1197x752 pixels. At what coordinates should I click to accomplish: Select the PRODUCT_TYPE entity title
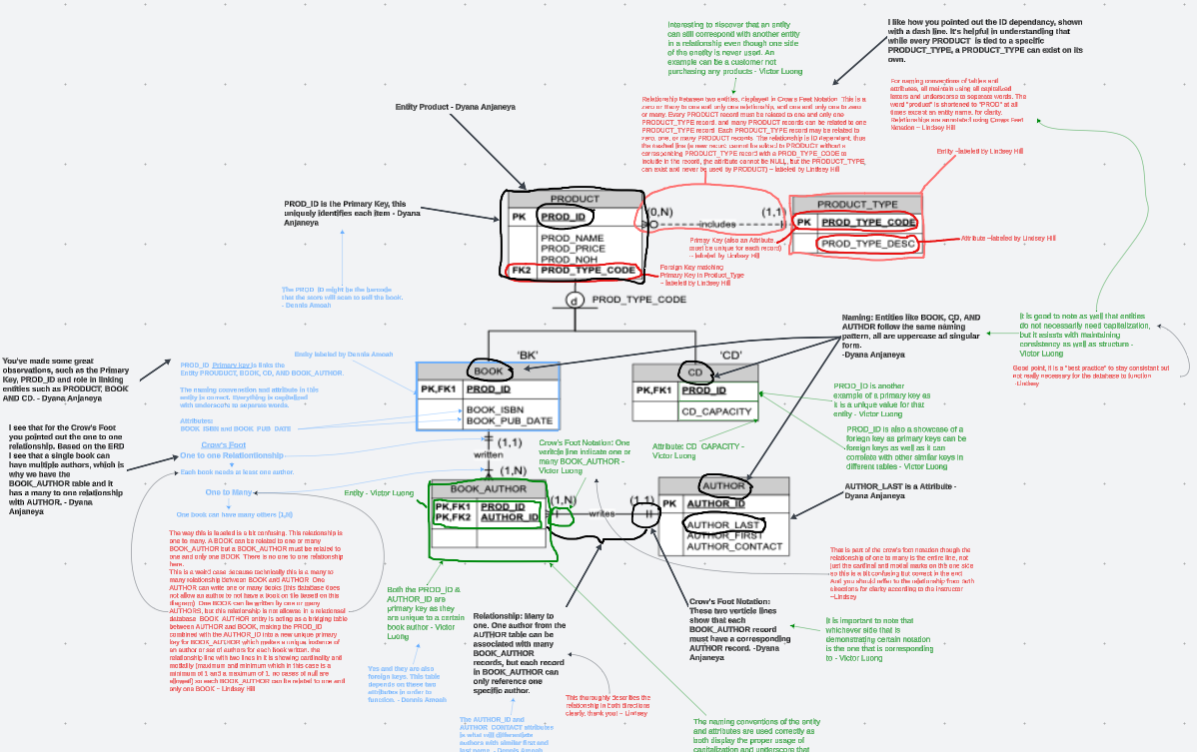[x=857, y=204]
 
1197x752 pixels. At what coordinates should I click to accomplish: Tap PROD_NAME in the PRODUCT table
[x=572, y=239]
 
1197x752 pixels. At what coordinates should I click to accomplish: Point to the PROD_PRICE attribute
[x=574, y=250]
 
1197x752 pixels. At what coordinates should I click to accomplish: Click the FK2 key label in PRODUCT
[x=522, y=271]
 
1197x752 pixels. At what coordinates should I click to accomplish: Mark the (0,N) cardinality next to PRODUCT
[x=658, y=212]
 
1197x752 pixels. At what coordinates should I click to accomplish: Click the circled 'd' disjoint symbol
[x=575, y=300]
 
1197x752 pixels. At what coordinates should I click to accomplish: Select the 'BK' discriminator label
[x=529, y=355]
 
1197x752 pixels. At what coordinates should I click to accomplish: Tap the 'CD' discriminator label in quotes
[x=730, y=355]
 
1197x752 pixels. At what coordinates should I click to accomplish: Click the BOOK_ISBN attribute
[x=496, y=409]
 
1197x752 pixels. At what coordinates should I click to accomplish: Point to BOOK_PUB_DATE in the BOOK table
[x=510, y=420]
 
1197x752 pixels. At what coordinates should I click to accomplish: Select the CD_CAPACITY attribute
[x=715, y=410]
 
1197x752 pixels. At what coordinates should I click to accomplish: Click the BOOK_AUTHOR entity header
[x=489, y=489]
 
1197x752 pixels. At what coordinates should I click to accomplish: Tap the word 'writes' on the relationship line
[x=601, y=513]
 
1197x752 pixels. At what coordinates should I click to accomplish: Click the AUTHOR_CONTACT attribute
[x=734, y=546]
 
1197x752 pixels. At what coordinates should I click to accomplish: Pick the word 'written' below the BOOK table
[x=489, y=454]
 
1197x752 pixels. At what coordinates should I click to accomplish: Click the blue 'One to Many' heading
[x=229, y=492]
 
